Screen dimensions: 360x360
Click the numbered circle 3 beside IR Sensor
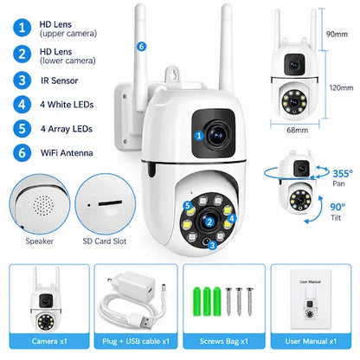coord(22,80)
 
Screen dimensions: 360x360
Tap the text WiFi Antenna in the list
coord(67,152)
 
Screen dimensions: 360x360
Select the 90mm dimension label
coord(337,34)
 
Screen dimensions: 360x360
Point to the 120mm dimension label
coord(341,87)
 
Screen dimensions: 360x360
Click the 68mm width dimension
coord(297,130)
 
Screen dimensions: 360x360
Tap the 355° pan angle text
coord(343,173)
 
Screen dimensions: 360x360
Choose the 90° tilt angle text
coord(337,207)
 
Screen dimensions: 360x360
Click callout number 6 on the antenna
coord(141,46)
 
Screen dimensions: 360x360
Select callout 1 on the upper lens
coord(199,136)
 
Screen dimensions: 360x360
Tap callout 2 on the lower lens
coord(209,222)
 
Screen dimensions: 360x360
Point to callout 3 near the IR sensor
coord(213,245)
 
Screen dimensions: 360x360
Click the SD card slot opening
coord(110,203)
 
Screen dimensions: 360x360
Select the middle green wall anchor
coord(207,301)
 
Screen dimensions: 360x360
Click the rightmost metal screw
coord(249,301)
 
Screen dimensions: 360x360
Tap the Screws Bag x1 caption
coord(224,341)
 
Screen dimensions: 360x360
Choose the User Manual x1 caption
coord(311,341)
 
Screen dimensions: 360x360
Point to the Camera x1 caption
coord(49,341)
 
